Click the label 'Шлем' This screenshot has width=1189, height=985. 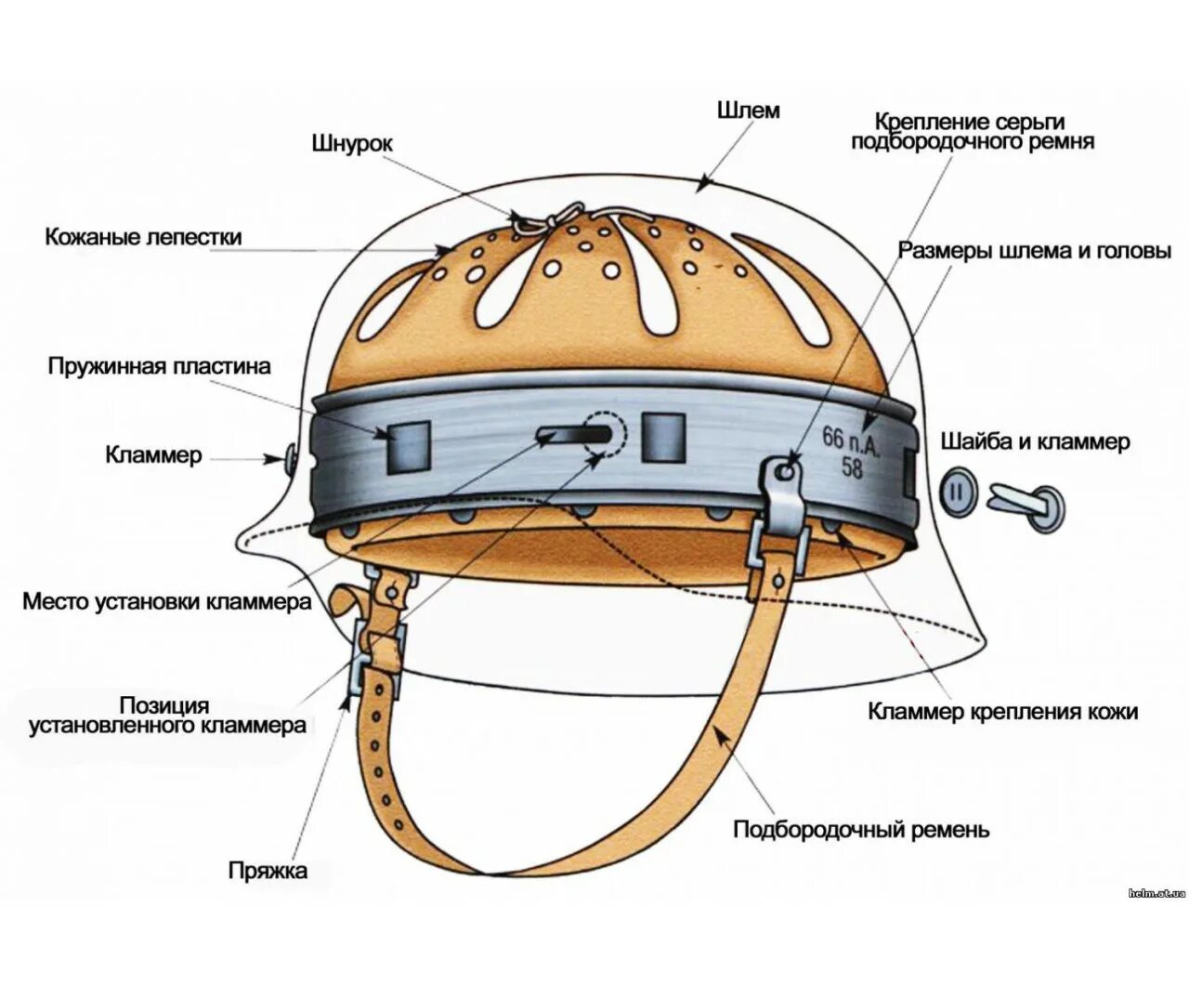point(748,111)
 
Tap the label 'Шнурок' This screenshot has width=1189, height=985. point(352,144)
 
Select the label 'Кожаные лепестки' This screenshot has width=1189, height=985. point(144,237)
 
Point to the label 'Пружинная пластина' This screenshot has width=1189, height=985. point(160,366)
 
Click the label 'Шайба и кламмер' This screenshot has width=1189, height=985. point(1036,440)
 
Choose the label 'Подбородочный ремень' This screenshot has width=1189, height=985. point(862,828)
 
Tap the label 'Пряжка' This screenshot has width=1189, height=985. point(268,871)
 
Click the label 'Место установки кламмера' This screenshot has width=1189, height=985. point(167,601)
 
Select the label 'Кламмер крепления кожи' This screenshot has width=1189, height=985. point(1003,712)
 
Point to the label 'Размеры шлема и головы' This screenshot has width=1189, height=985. point(1035,251)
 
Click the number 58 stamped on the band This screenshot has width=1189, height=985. point(852,466)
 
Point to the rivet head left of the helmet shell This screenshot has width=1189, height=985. point(289,456)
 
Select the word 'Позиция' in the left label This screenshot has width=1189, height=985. point(163,705)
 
